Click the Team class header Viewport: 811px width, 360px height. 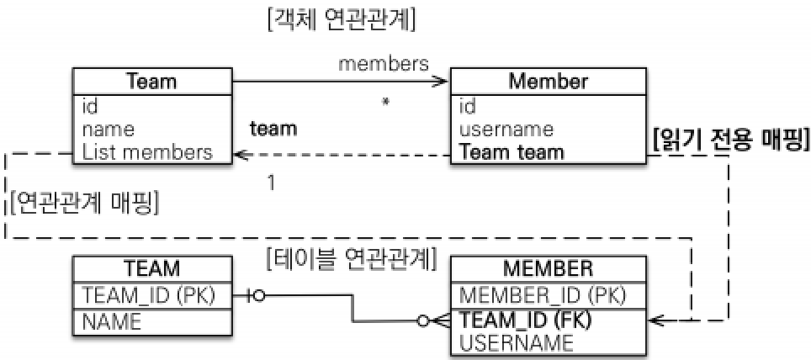[151, 82]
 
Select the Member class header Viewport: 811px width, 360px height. [549, 82]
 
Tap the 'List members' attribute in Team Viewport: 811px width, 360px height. [147, 152]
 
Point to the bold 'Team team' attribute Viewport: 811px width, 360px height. [512, 152]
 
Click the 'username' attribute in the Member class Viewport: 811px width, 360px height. [506, 130]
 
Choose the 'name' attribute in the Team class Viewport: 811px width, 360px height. [109, 130]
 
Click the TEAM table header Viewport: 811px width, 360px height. [151, 269]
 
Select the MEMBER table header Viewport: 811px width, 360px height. [549, 269]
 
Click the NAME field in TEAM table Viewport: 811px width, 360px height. [112, 320]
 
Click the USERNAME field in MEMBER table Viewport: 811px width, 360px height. [517, 342]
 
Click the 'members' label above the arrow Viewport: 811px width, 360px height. [384, 63]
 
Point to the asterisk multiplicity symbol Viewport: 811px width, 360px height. [385, 102]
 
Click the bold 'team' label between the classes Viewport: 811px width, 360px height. [273, 130]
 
